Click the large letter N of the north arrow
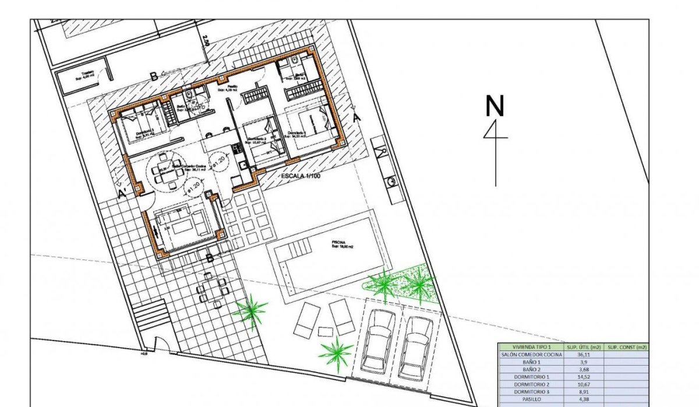[x=495, y=106]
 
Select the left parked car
[x=378, y=341]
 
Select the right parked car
[x=418, y=346]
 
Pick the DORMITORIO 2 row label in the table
[x=531, y=384]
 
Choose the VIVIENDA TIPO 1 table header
[x=531, y=346]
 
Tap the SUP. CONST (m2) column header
[x=627, y=346]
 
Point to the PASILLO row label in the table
[x=531, y=399]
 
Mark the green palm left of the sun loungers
[x=250, y=309]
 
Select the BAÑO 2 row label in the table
[x=531, y=369]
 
